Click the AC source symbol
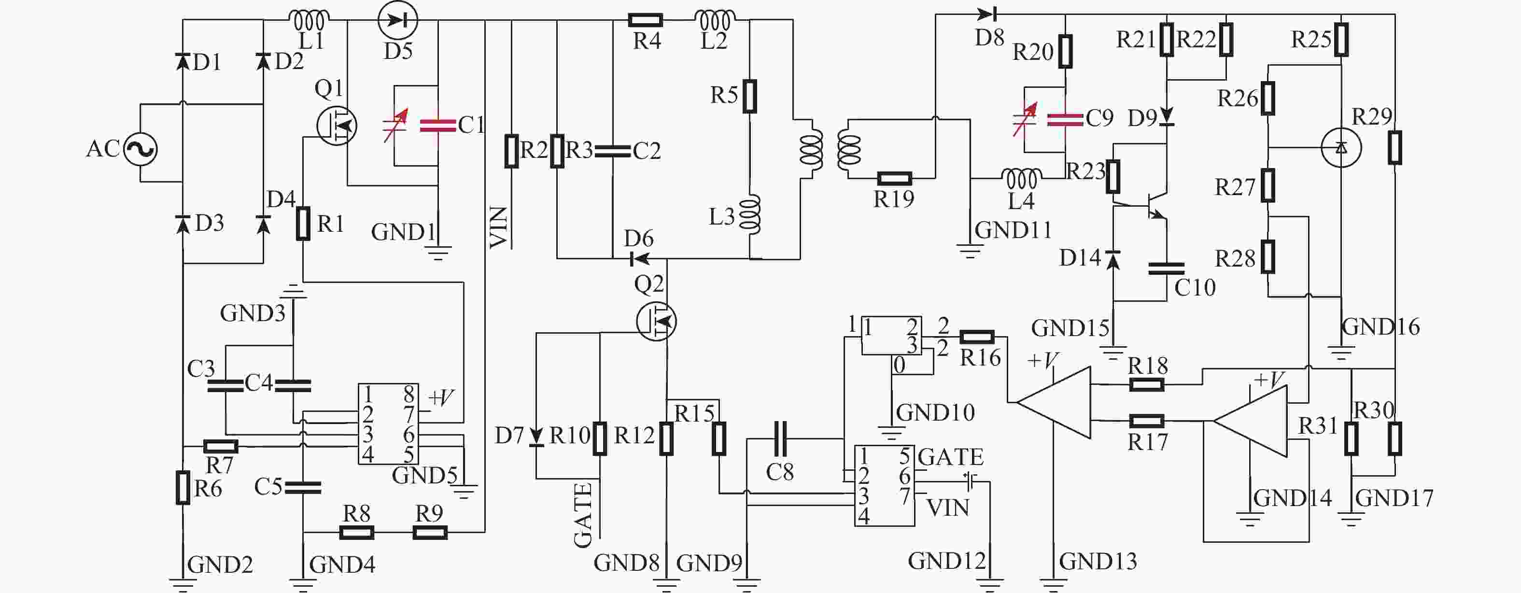pyautogui.click(x=141, y=148)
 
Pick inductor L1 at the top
pyautogui.click(x=310, y=21)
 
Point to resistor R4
pyautogui.click(x=646, y=21)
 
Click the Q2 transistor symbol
pyautogui.click(x=657, y=321)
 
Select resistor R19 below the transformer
pyautogui.click(x=895, y=178)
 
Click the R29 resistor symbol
pyautogui.click(x=1394, y=148)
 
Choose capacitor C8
pyautogui.click(x=780, y=439)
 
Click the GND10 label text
pyautogui.click(x=935, y=412)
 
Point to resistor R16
pyautogui.click(x=977, y=337)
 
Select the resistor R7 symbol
pyautogui.click(x=221, y=446)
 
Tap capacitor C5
pyautogui.click(x=303, y=487)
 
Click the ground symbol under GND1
pyautogui.click(x=438, y=253)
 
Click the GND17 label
pyautogui.click(x=1394, y=498)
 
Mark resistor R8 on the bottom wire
pyautogui.click(x=357, y=533)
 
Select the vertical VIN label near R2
pyautogui.click(x=499, y=227)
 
